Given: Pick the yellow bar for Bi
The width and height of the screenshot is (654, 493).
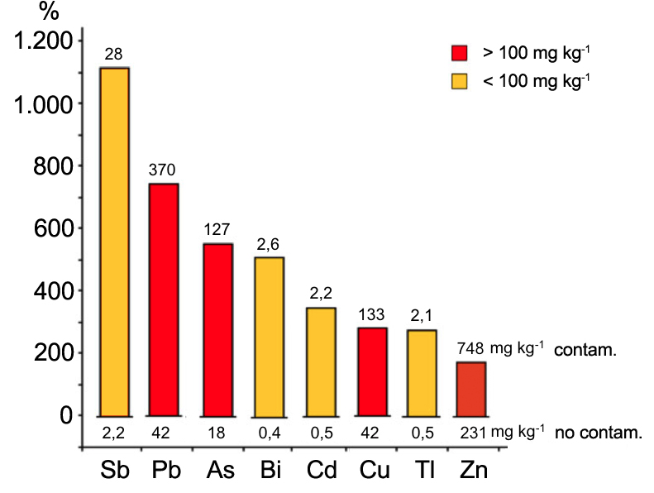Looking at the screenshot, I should coord(269,336).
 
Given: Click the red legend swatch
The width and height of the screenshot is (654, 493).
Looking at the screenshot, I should coord(460,54).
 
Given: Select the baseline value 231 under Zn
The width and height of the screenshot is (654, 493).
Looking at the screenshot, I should coord(472,432).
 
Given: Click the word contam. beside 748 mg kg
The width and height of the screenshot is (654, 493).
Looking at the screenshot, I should coord(586,350).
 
